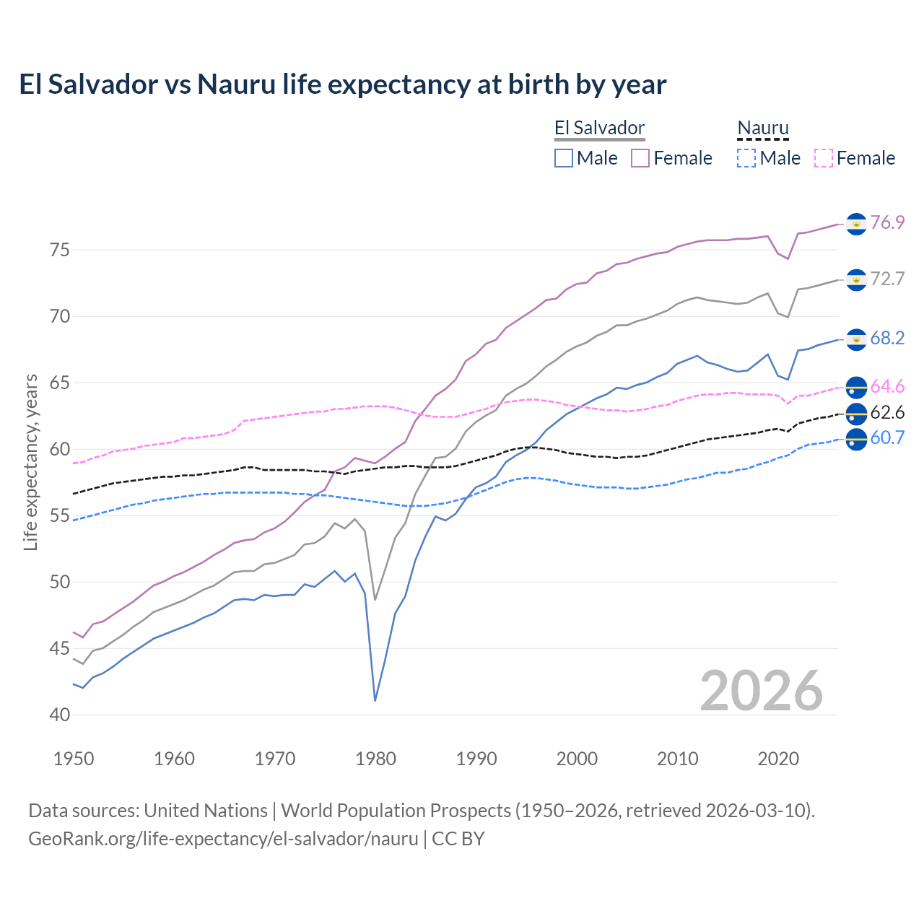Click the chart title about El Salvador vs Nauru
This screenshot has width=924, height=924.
point(342,84)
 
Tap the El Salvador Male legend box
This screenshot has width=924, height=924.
point(564,158)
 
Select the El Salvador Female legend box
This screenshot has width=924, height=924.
point(640,158)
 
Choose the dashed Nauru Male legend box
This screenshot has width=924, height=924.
point(746,158)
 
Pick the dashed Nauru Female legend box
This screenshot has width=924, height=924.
point(824,158)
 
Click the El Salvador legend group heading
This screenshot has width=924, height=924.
point(599,128)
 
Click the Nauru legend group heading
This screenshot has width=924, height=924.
point(763,128)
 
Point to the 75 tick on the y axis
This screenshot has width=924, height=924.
point(59,250)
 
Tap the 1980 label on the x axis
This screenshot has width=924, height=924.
point(375,759)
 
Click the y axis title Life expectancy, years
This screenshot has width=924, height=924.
point(30,462)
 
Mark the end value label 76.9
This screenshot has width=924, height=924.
point(887,222)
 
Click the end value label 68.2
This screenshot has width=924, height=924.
point(887,338)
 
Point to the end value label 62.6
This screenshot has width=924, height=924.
point(887,412)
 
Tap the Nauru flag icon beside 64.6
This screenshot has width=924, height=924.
point(856,388)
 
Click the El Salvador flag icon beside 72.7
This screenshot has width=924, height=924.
point(856,279)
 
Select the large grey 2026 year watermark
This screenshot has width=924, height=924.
point(762,691)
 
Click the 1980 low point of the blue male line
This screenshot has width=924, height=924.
point(375,700)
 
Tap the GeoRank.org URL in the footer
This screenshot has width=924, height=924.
point(223,839)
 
